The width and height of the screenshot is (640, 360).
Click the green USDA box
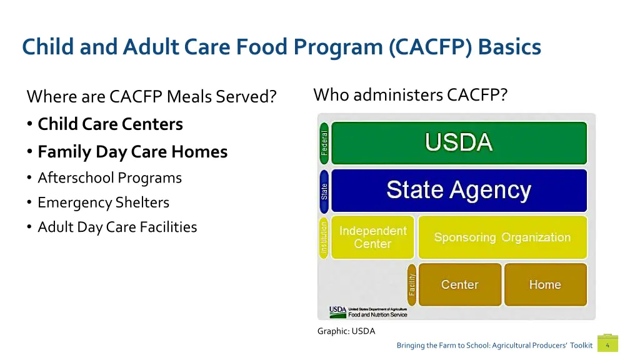tap(459, 143)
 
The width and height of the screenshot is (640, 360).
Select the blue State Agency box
tap(459, 190)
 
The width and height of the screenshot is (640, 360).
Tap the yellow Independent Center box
tap(372, 237)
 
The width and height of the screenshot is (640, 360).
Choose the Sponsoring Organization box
tap(502, 237)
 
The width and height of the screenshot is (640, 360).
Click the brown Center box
tap(460, 284)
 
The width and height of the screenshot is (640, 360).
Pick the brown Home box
tap(545, 284)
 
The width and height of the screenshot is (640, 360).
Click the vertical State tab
tap(324, 190)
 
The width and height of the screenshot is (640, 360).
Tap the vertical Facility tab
tap(412, 284)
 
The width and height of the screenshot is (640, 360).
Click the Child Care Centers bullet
tap(110, 124)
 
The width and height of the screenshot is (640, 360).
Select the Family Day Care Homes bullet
tap(132, 152)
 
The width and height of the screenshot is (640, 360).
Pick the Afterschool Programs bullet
tap(109, 178)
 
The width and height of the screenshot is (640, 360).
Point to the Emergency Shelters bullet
tap(103, 202)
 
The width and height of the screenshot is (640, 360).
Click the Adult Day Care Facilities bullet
tap(117, 227)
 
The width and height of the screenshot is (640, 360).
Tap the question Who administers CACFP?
tap(411, 95)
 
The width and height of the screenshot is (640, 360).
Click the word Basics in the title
tap(509, 47)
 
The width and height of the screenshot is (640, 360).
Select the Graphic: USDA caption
tap(346, 331)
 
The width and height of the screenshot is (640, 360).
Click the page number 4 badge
tap(607, 345)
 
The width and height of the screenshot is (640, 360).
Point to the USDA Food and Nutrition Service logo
tap(369, 311)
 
